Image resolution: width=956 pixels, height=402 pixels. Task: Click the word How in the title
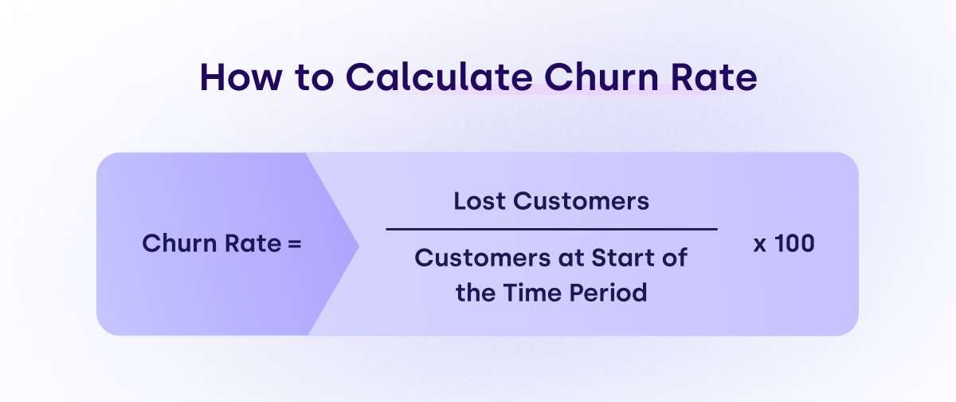(x=241, y=77)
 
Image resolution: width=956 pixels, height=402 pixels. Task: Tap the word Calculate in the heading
(x=439, y=77)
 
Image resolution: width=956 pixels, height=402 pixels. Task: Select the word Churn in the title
(x=601, y=77)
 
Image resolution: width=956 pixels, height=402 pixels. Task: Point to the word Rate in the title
(x=714, y=77)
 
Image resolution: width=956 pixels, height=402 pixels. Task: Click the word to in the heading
(x=314, y=77)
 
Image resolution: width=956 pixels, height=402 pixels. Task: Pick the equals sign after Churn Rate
(x=295, y=244)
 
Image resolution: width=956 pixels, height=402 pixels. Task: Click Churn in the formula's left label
(x=179, y=243)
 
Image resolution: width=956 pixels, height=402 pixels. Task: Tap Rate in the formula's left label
(x=253, y=243)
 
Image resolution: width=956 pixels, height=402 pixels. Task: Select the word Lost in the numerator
(x=480, y=201)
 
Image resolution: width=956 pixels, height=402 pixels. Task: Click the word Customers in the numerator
(x=581, y=201)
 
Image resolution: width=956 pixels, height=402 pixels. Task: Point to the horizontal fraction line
(x=551, y=230)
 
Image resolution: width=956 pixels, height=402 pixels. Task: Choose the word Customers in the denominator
(x=482, y=258)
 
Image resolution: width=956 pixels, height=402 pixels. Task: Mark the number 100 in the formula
(x=794, y=243)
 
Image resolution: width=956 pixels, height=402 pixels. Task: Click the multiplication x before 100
(x=760, y=245)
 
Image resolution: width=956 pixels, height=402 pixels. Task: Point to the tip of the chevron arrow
(x=358, y=246)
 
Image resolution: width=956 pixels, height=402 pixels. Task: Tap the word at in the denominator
(x=570, y=259)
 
